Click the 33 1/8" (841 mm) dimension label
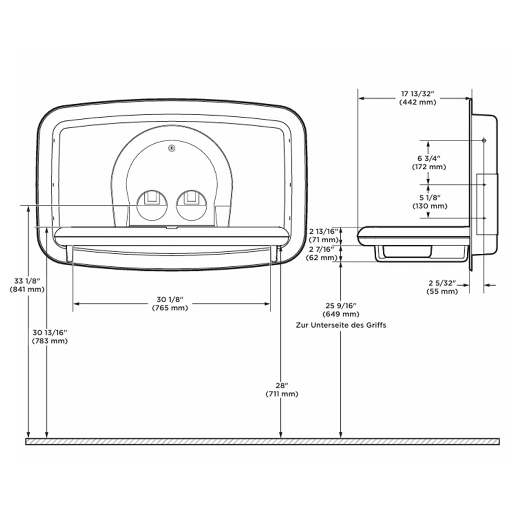27,285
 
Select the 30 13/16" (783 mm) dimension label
50,337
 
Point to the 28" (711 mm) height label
282,390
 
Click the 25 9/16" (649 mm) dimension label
341,309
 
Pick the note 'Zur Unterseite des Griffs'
341,325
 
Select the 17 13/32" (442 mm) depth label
418,98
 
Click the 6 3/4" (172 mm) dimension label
429,163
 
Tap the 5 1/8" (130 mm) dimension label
430,202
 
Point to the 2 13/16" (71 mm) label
324,235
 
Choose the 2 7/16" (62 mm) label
323,253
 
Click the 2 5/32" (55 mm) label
442,287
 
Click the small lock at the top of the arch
172,148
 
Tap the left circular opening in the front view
152,205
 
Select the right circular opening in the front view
191,205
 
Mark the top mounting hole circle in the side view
484,141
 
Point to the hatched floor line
262,441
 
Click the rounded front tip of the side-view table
358,236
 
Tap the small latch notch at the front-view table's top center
172,228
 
